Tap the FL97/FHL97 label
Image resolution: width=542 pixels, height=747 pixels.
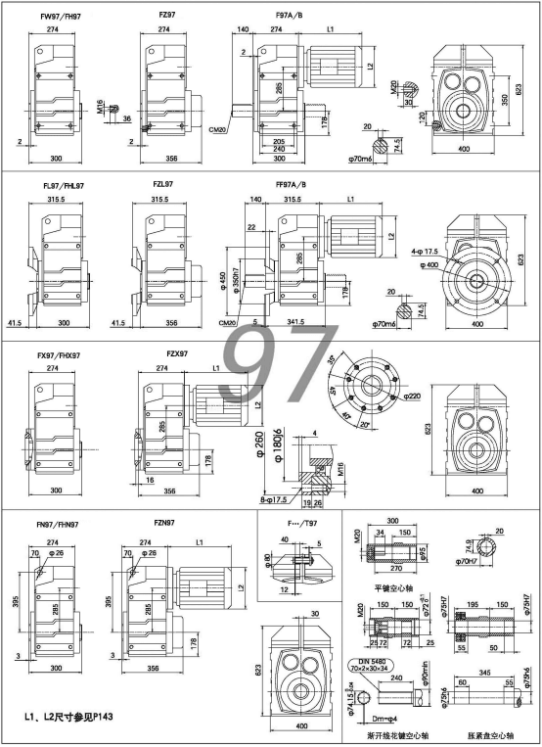click(x=62, y=184)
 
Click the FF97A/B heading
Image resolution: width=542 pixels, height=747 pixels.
click(x=291, y=184)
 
